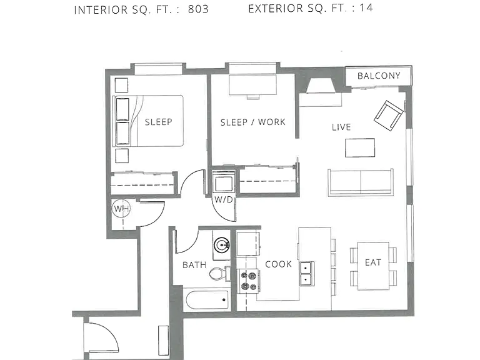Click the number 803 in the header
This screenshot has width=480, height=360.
tap(198, 9)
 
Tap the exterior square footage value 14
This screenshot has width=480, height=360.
tap(366, 7)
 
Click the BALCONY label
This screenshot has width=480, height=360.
tap(379, 76)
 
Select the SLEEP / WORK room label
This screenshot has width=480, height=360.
tap(253, 122)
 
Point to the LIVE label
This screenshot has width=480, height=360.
tap(341, 127)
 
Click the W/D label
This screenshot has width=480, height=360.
tap(224, 200)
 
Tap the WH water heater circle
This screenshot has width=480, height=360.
tap(121, 209)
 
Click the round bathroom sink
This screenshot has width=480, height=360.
tap(222, 245)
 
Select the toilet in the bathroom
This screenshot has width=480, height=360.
tap(220, 273)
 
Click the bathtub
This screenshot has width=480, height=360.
tap(208, 300)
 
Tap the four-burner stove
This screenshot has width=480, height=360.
tap(249, 281)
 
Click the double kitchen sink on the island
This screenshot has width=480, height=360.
tap(307, 274)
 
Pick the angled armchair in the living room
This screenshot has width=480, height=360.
tap(389, 116)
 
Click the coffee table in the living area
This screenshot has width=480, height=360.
tap(360, 148)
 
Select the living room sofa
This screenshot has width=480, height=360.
tap(361, 182)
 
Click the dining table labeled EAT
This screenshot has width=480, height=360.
tap(373, 266)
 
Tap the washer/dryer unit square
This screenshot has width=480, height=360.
tap(224, 184)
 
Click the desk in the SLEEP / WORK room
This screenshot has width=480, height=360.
tap(253, 85)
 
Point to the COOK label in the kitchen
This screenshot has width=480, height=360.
tap(278, 264)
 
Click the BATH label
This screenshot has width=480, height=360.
tap(194, 265)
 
